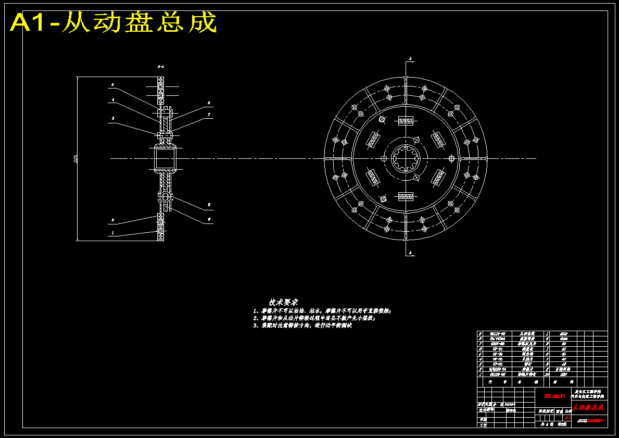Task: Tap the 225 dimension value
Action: [76, 159]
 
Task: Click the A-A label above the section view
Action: [161, 67]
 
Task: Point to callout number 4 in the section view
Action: [112, 99]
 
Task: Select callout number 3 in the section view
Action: [112, 118]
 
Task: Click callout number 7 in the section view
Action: [209, 115]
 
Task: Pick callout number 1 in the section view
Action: [112, 234]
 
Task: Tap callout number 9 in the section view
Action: [209, 220]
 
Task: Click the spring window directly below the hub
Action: [406, 196]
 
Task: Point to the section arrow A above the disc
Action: [410, 59]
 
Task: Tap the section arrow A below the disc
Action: [410, 254]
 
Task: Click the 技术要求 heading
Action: [283, 302]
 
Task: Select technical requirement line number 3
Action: [302, 325]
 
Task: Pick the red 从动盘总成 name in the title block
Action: [588, 407]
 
